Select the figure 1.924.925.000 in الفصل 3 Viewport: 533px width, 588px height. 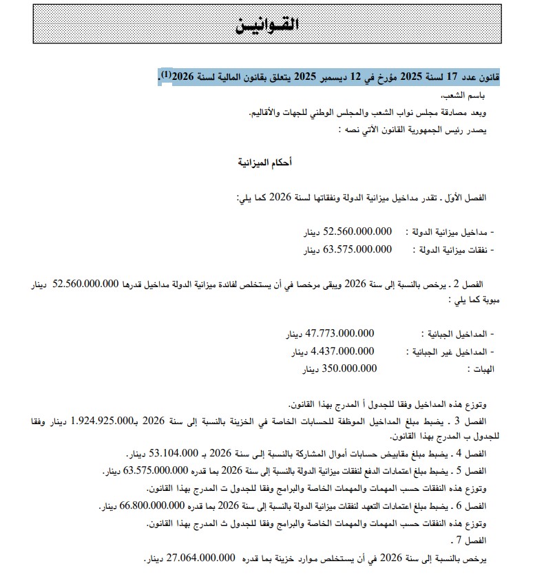98,421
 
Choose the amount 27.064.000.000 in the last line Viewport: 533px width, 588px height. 196,558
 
